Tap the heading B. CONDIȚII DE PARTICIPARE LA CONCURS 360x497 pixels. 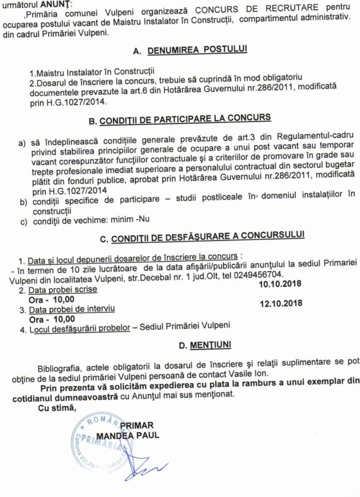point(179,118)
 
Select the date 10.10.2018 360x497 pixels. point(282,282)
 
